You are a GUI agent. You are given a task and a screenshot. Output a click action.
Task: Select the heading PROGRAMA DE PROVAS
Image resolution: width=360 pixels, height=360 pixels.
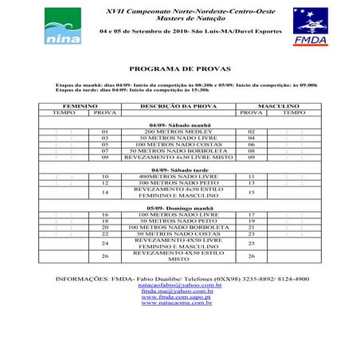[x=179, y=68]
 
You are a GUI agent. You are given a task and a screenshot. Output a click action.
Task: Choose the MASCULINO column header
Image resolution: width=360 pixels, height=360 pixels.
[x=278, y=105]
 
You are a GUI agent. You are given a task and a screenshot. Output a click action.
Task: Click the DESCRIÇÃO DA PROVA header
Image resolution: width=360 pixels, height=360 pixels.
[x=179, y=105]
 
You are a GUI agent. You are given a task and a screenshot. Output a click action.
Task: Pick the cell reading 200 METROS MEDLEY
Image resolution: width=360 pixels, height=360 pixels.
[x=179, y=131]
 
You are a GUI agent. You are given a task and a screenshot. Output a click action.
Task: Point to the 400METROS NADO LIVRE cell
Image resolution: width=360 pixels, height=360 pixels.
[x=179, y=176]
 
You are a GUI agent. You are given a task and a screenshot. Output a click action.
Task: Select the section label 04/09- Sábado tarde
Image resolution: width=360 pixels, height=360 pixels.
[x=179, y=169]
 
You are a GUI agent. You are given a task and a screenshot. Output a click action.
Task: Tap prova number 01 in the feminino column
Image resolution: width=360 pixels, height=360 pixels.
[x=104, y=131]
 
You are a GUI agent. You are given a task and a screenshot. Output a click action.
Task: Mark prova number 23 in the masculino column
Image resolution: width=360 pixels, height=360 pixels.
[x=252, y=233]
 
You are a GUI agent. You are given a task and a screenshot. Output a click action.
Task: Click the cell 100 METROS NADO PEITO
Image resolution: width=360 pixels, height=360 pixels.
[x=179, y=183]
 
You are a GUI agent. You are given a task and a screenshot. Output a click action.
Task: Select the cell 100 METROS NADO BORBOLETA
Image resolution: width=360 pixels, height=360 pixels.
[x=179, y=227]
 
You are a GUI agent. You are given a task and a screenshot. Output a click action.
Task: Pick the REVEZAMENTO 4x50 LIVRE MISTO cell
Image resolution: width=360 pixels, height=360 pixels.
[x=179, y=158]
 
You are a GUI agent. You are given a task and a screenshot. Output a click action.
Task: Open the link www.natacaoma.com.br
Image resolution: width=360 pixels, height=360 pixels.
[x=179, y=303]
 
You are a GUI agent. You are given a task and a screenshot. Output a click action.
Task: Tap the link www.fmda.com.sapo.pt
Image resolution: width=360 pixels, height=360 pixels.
[x=179, y=297]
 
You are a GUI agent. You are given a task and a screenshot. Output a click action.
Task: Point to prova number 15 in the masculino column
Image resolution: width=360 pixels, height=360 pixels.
[x=252, y=193]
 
